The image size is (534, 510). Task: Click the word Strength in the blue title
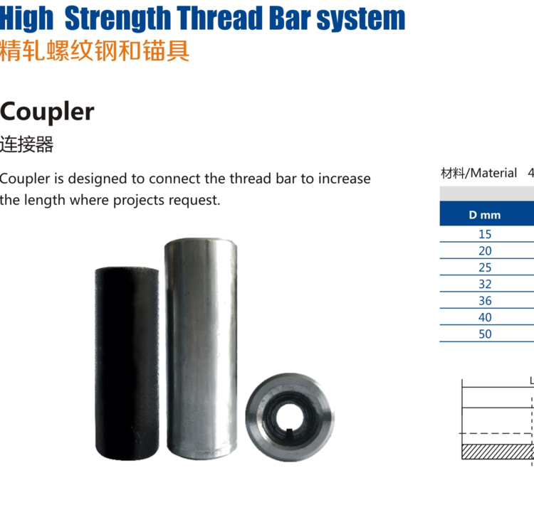coord(117,18)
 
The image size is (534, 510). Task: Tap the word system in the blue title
coord(361,20)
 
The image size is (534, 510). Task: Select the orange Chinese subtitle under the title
coord(94,51)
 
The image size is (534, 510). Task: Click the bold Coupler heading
coord(47,112)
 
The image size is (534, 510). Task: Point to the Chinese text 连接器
coord(26,144)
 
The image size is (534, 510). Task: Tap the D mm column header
coord(485,215)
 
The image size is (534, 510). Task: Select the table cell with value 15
coord(485,234)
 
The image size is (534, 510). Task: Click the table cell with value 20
coord(485,251)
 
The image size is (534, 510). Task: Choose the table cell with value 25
coord(485,267)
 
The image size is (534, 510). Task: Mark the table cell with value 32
coord(485,284)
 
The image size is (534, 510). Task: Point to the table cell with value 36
coord(485,301)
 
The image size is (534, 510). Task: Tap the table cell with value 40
coord(485,317)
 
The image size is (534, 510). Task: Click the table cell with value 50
coord(485,334)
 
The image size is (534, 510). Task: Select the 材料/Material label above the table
coord(478,173)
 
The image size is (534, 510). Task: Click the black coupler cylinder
coord(127,363)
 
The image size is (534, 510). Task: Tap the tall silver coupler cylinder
coord(201,349)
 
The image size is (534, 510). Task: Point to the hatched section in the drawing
coord(498,452)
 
